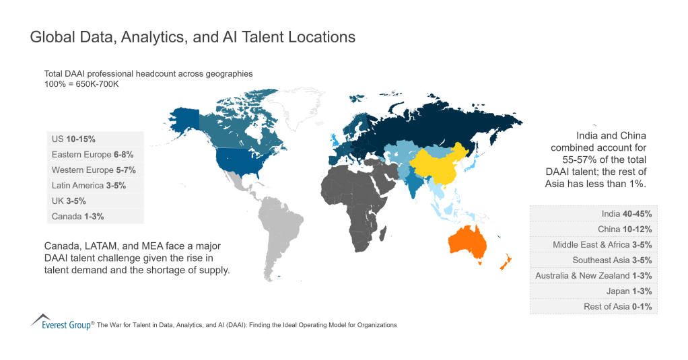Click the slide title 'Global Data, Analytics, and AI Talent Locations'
[x=193, y=38]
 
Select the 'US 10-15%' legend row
[x=95, y=139]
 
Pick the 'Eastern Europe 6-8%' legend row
[x=95, y=155]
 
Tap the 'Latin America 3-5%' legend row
[x=95, y=186]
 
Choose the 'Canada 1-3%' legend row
[x=95, y=217]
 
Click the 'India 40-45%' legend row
[x=593, y=214]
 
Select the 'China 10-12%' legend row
[x=593, y=229]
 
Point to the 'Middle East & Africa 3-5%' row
[x=593, y=245]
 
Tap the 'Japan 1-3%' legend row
[x=593, y=291]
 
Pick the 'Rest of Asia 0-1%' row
[x=593, y=307]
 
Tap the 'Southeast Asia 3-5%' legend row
[x=593, y=260]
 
